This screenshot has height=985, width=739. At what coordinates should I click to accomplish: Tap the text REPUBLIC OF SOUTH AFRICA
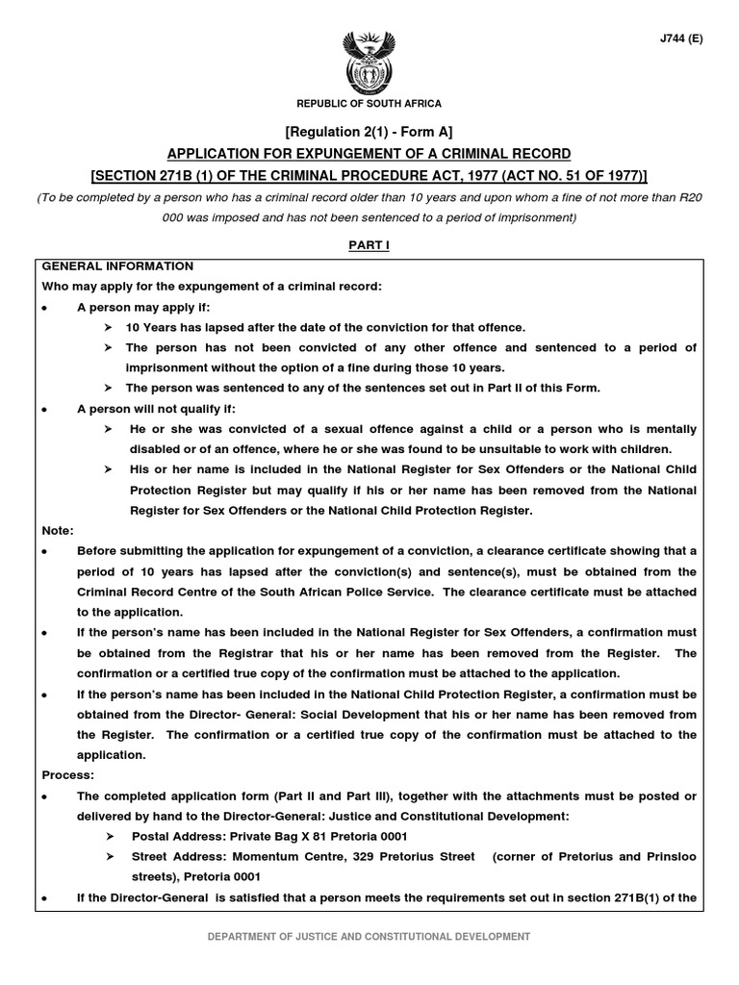(369, 103)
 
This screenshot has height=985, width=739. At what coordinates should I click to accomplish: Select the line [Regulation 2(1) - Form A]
(369, 132)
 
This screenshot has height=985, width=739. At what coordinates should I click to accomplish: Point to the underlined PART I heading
(369, 246)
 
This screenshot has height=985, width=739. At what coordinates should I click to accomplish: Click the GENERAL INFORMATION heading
(116, 266)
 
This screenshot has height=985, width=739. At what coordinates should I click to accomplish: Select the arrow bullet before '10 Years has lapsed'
(109, 328)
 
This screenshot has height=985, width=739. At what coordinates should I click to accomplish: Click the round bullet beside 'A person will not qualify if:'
(45, 409)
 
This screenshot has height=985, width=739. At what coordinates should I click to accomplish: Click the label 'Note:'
(58, 530)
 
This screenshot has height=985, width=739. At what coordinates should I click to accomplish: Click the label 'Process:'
(68, 775)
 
